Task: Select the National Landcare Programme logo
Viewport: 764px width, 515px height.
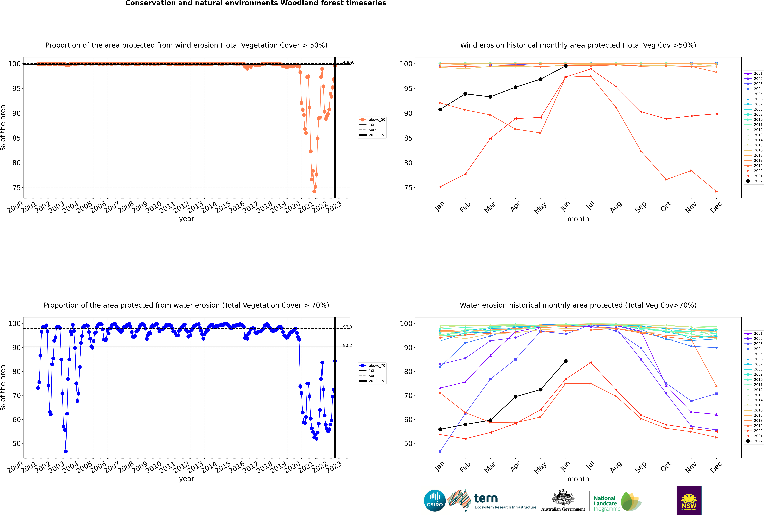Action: click(617, 502)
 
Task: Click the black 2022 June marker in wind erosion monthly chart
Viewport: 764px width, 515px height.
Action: click(566, 66)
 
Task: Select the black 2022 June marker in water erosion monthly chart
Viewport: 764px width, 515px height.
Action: click(566, 361)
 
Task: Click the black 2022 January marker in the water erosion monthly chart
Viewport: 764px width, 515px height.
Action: click(440, 429)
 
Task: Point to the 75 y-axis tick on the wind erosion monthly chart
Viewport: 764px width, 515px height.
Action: click(408, 188)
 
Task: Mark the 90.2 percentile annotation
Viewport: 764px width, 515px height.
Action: click(347, 346)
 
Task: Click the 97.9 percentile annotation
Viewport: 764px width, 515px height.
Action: click(347, 327)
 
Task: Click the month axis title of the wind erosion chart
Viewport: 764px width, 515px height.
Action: click(578, 219)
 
